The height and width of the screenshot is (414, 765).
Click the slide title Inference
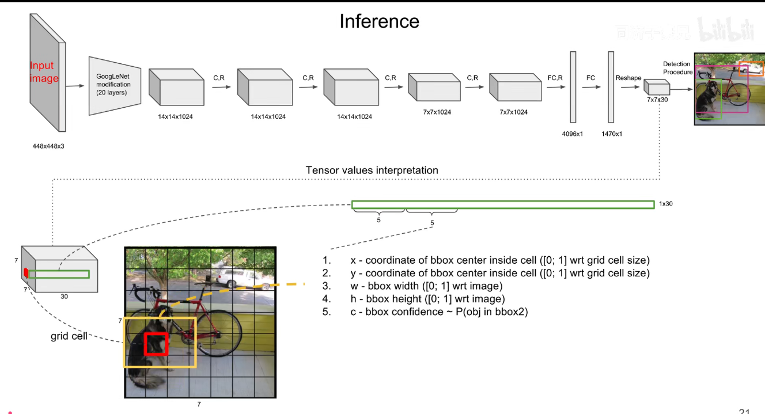pos(379,21)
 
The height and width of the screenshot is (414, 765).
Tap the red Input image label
pos(44,72)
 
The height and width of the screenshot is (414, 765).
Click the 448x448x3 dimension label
pos(48,146)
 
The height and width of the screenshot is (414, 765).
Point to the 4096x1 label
pos(573,134)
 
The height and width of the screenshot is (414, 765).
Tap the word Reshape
pos(628,78)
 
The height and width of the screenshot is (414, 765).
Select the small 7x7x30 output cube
pos(657,88)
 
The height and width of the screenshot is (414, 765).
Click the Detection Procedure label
pos(677,68)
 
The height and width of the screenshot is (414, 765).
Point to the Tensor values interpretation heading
pos(372,170)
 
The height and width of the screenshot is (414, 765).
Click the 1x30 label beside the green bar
pos(665,204)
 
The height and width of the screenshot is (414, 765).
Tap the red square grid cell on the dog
pos(156,344)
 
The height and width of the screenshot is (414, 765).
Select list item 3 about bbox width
pos(426,286)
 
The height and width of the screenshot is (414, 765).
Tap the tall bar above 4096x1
pos(573,87)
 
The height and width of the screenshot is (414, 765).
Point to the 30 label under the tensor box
pos(64,297)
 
